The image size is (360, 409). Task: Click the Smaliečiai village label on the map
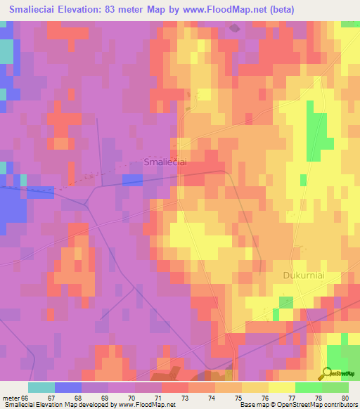click(x=165, y=162)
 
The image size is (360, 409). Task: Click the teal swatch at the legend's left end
click(x=41, y=387)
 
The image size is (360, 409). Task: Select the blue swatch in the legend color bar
click(x=68, y=387)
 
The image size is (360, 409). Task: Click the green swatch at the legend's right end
click(x=335, y=387)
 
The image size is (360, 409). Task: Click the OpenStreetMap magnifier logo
click(x=326, y=373)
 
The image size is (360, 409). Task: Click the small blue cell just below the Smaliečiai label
click(x=131, y=180)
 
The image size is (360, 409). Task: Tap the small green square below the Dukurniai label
click(x=285, y=302)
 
